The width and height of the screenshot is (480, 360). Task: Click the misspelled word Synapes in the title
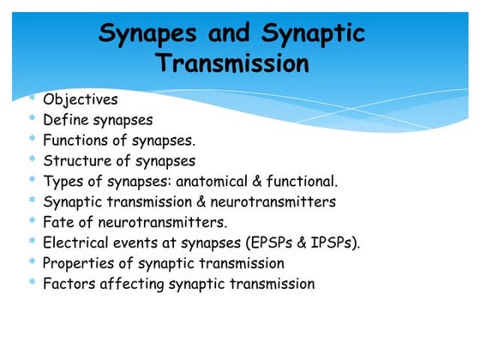pos(151,33)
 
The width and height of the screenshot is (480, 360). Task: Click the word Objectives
pos(81,99)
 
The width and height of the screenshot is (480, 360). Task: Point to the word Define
pos(66,120)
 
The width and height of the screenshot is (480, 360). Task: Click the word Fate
pos(58,223)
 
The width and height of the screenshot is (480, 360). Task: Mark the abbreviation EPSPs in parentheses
pos(268,243)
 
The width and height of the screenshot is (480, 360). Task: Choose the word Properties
pos(77,263)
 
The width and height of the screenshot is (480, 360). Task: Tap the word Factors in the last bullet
pos(69,284)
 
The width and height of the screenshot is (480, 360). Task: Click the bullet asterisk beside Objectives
pos(32,99)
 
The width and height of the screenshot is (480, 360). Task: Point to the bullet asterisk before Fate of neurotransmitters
pos(32,223)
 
